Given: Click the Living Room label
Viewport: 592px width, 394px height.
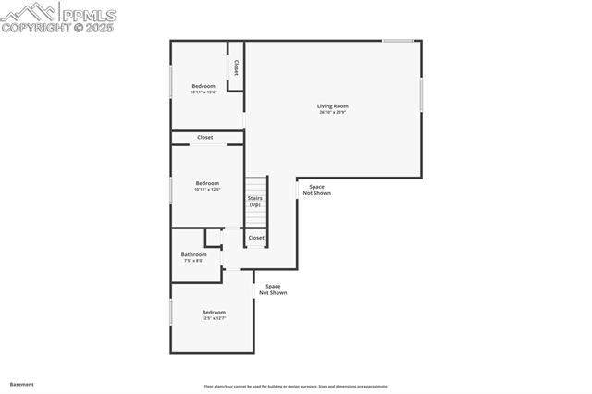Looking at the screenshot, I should [333, 106].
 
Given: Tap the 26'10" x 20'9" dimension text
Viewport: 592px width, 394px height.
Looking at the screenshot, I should [333, 113].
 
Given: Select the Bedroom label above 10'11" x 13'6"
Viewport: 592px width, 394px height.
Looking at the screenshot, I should [203, 86].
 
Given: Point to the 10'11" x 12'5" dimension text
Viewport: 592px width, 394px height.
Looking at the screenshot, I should [207, 190].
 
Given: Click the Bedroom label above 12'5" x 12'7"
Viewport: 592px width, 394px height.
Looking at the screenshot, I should [214, 312].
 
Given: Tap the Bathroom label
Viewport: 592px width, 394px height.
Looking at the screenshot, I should [193, 254].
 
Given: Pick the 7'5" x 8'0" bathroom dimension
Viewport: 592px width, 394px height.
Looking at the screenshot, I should [193, 261].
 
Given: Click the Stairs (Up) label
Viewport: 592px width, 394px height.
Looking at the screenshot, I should [255, 201].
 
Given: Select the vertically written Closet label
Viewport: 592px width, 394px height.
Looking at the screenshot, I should [237, 68].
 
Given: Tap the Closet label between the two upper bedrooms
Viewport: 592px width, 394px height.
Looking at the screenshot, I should [205, 138].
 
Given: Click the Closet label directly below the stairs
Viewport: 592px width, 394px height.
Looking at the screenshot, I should [256, 238].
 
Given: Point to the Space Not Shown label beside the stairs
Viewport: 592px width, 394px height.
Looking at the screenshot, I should [316, 190].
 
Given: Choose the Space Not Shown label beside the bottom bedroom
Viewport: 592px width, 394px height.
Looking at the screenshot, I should [273, 289].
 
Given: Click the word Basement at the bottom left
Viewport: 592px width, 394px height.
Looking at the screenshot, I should [21, 384].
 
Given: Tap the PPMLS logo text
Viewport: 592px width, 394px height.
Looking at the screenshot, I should [88, 15].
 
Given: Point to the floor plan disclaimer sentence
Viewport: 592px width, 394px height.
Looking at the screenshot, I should [296, 386].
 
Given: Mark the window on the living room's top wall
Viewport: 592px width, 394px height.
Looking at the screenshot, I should [399, 41].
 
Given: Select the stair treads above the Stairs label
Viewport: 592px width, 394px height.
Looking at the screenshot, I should [255, 184].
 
